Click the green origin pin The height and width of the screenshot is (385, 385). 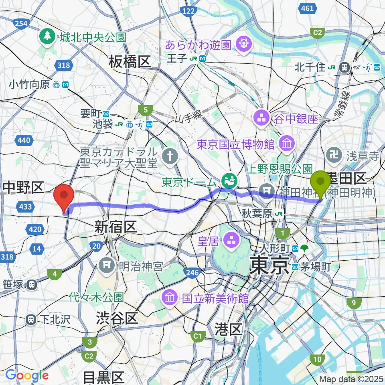pos(321,182)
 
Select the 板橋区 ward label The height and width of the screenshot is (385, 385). pos(129,62)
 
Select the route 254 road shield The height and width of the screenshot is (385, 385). pos(20,24)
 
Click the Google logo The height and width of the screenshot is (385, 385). pos(27,376)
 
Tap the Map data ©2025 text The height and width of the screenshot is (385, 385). pos(351,379)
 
